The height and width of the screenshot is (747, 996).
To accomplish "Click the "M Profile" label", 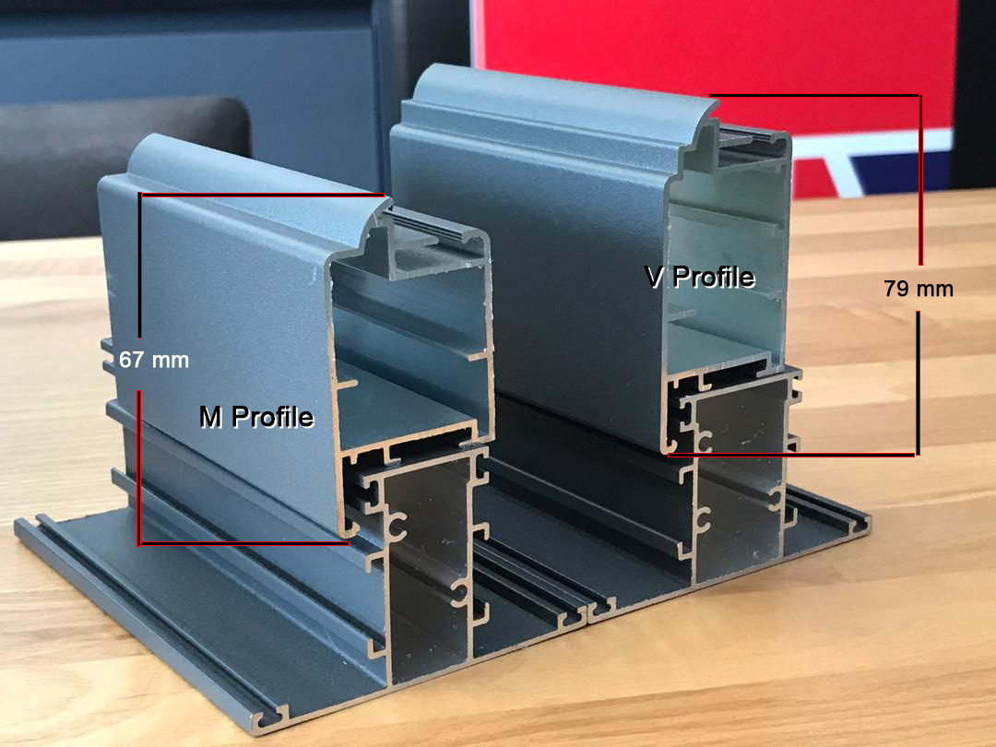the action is point(256,417).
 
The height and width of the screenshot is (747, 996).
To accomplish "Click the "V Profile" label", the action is point(700,277).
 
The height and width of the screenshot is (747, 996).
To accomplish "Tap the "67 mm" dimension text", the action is point(154,361).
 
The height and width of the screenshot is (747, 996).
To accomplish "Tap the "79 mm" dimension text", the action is point(919,289).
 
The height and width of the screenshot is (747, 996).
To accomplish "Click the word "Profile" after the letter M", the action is point(273,417).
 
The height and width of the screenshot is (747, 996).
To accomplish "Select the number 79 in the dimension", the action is point(896,289).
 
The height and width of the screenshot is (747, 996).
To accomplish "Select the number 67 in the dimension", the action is point(132,361).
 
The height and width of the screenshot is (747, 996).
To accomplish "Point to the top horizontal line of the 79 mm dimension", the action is point(814,95).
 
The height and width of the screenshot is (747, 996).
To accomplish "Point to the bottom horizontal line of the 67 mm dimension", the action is point(243,543).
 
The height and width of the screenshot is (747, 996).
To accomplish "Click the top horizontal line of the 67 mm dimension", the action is point(261,195).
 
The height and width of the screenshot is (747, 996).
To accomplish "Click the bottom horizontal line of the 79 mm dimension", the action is point(793,454).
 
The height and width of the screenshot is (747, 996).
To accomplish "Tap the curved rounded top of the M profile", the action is point(255,169).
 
